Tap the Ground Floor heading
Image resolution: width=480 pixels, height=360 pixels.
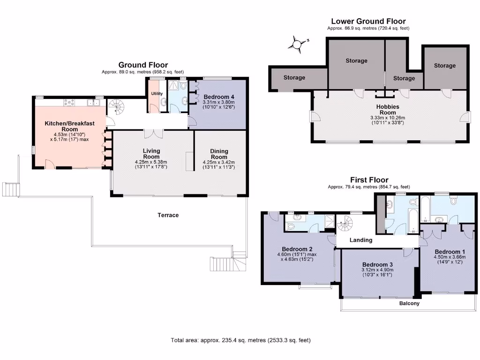[143, 65]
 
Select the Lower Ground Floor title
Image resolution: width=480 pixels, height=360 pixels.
[368, 21]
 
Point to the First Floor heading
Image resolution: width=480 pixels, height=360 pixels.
[369, 180]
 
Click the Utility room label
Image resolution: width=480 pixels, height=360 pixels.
[156, 94]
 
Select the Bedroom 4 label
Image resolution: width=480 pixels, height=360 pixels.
[218, 97]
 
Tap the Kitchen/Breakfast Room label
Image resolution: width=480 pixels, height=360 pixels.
[69, 126]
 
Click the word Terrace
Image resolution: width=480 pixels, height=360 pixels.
[168, 215]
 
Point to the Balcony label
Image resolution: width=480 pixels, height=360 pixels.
[409, 303]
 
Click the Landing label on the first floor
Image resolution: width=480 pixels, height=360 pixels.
[361, 240]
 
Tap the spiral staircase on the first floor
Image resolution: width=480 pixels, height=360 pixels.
[347, 223]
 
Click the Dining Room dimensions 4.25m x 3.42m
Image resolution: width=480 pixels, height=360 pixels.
[219, 162]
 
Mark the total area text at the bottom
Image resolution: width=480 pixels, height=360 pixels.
[240, 340]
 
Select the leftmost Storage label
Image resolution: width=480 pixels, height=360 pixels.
[294, 78]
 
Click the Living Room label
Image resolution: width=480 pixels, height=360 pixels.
[151, 154]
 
